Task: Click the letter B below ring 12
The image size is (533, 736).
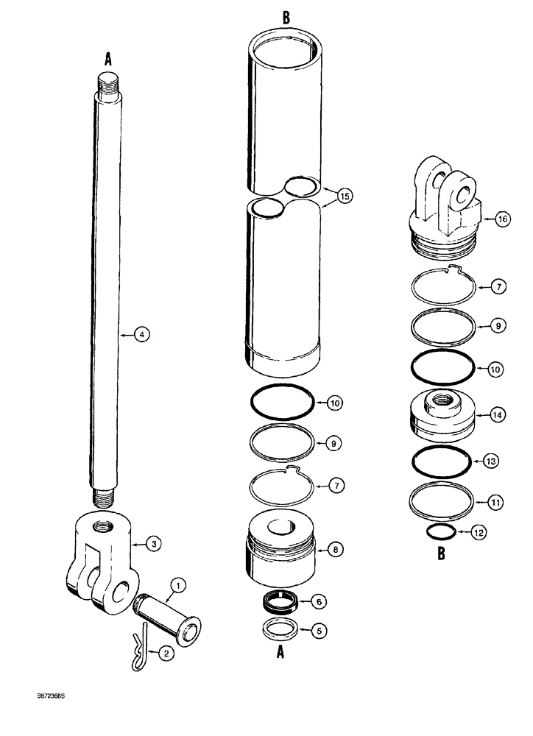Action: (x=441, y=555)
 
